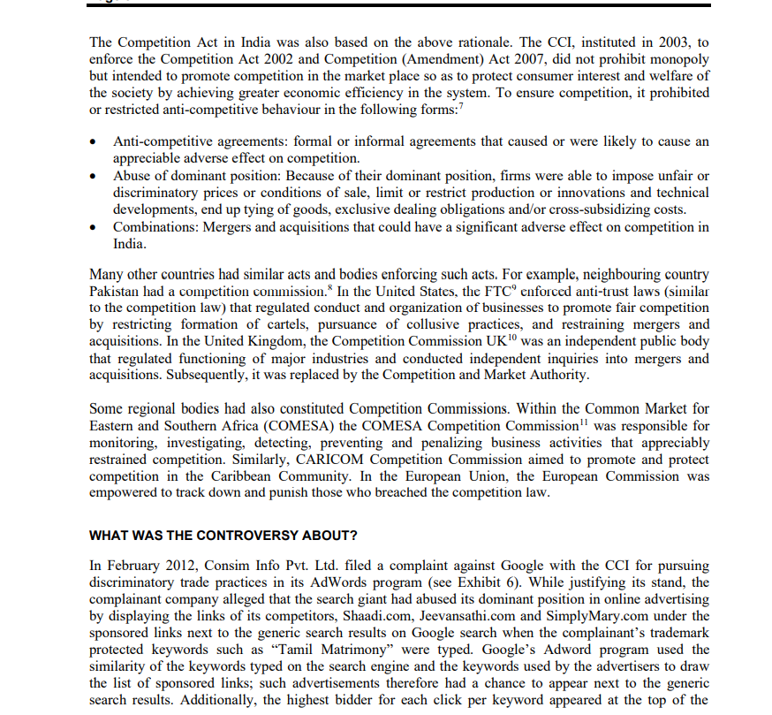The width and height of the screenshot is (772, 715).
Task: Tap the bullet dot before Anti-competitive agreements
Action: tap(95, 142)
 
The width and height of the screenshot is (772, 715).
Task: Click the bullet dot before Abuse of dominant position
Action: tap(95, 177)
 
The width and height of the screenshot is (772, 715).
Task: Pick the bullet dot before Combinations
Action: tap(95, 228)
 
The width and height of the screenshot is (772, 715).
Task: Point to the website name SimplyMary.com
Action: tap(611, 615)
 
